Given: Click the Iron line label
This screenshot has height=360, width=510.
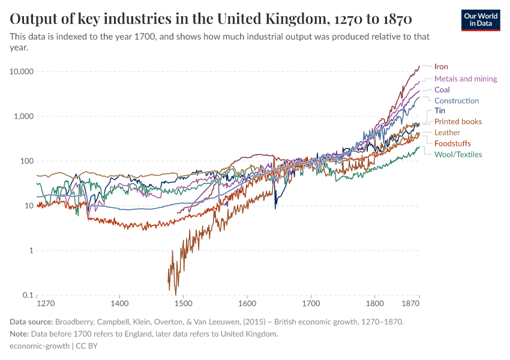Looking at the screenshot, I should [441, 67].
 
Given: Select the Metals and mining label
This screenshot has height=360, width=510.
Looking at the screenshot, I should [466, 79].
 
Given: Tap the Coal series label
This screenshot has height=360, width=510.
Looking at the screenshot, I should [442, 90].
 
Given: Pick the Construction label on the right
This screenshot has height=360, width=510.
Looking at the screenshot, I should [457, 101].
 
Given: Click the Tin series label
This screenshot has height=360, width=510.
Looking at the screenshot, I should [439, 111].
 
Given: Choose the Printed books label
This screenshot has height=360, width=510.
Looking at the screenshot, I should [458, 122].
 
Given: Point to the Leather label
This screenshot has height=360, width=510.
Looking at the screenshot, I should [447, 133].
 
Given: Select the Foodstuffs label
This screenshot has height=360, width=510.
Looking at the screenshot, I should [452, 143].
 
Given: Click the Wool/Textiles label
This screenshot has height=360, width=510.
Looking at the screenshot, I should [458, 154].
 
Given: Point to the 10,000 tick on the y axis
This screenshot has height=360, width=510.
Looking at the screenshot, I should [21, 72].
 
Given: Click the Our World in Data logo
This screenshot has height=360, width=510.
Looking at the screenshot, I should [481, 20].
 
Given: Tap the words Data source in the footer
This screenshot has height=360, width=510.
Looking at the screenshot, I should [33, 322].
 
